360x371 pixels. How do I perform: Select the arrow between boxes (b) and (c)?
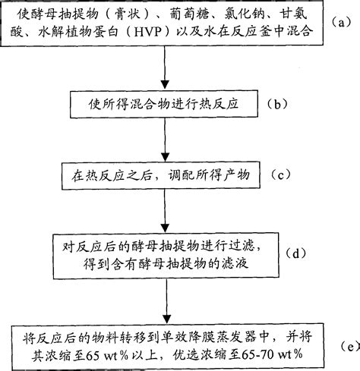tap(166, 140)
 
